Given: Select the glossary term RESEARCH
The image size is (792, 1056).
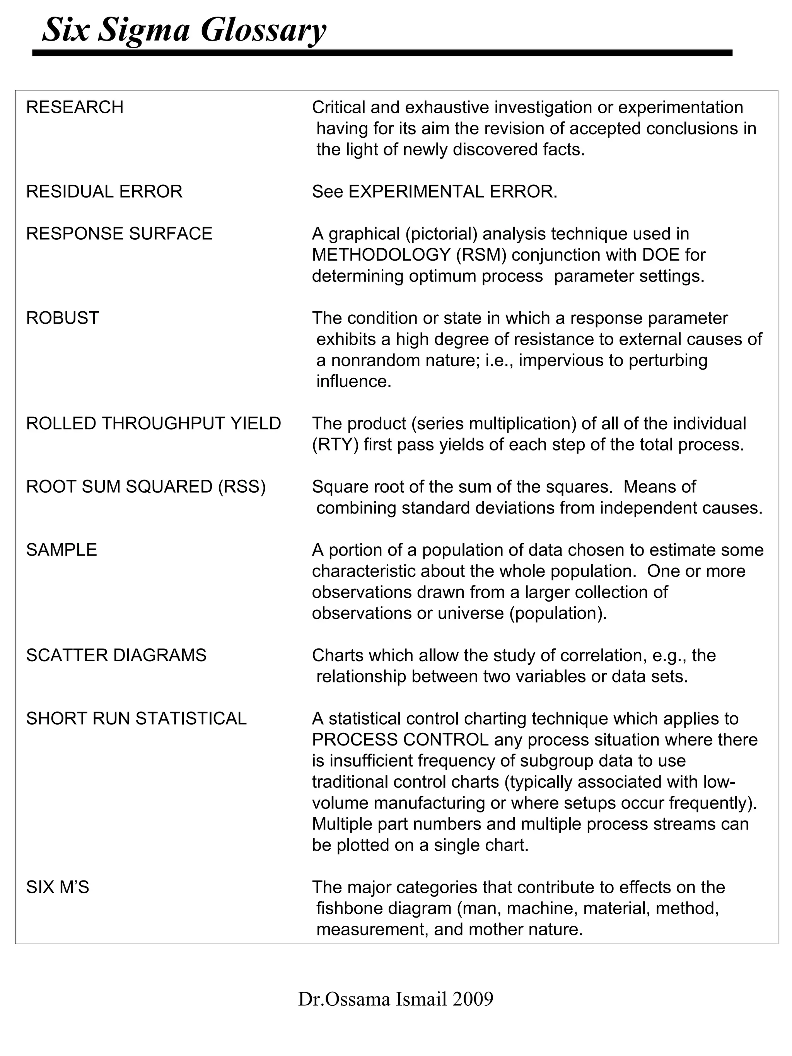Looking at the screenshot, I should coord(75,107).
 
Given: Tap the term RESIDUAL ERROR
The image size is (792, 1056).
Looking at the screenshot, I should coord(104,192).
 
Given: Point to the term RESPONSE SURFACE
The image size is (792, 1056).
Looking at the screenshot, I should coord(119,234).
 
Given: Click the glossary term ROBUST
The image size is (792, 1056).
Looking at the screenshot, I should coord(63,318).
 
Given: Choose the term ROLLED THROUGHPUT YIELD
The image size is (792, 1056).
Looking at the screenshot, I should coord(153,423).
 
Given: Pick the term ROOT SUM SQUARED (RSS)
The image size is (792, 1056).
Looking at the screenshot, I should coord(146,487).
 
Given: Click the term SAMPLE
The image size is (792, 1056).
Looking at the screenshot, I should coord(61,550).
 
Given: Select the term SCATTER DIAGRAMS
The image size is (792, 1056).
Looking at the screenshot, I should coord(116,655).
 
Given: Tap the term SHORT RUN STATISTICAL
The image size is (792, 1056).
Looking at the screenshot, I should coord(136,718).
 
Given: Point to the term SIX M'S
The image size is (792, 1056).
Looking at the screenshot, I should coord(58,887).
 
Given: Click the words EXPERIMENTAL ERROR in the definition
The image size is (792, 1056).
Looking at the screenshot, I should coord(452,192).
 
